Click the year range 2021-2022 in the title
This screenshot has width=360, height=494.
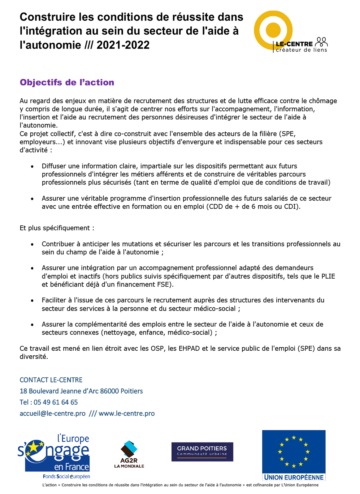pos(123,45)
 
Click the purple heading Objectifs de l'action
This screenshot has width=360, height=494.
pos(67,82)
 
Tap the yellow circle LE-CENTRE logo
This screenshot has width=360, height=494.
pos(273,30)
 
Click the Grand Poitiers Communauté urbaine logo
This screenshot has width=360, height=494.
pos(202,452)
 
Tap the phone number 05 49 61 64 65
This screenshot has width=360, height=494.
pos(56,402)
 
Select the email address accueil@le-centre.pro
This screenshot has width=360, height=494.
pos(53,413)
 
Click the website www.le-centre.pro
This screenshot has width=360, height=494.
pos(127,413)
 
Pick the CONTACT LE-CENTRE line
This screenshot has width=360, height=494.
pos(51,380)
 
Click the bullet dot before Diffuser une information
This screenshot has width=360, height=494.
pos(32,167)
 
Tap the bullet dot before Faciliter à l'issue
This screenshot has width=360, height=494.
pos(32,301)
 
